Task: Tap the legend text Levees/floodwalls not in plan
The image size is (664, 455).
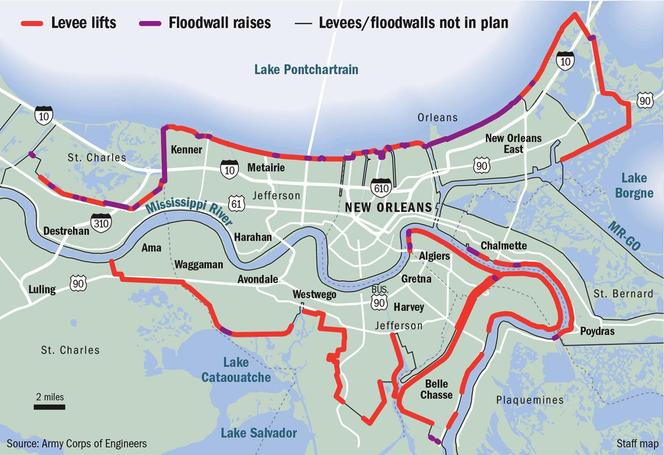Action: (413, 23)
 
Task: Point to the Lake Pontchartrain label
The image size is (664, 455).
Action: (306, 70)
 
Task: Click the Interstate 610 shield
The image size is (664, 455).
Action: (381, 187)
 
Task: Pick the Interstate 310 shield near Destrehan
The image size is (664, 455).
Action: (102, 221)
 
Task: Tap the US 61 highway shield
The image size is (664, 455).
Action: (237, 202)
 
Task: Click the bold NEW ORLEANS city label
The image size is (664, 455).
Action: (388, 207)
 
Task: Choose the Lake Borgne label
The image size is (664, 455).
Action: (634, 186)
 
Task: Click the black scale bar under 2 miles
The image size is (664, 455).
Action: (49, 407)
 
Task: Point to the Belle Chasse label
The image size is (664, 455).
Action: (436, 389)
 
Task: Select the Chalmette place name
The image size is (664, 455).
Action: (504, 245)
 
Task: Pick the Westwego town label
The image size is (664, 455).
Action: (314, 294)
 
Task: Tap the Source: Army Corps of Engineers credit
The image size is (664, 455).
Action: (77, 443)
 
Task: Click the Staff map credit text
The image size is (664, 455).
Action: (636, 443)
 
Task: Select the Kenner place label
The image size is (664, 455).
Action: (186, 150)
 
